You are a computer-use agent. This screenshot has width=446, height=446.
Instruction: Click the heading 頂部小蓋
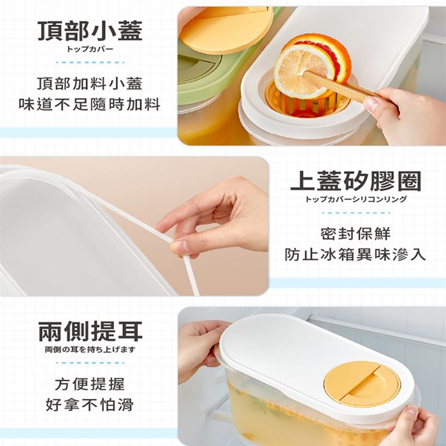(x=90, y=31)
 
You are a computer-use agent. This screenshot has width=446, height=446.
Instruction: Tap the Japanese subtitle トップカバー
(x=90, y=49)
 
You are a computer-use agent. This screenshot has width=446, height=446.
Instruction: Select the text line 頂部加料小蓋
(x=90, y=84)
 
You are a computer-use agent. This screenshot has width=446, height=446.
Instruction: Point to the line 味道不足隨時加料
(x=90, y=104)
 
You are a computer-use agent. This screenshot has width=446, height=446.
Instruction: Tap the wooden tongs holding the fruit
(x=342, y=85)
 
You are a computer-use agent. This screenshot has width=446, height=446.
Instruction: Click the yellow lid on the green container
(x=225, y=29)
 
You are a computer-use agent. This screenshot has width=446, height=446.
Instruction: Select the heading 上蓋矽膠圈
(x=356, y=181)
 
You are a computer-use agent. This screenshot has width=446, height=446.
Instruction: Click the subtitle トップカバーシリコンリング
(x=356, y=199)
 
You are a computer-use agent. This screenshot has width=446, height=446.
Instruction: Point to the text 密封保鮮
(x=356, y=234)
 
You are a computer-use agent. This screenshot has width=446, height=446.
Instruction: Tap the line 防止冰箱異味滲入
(x=356, y=254)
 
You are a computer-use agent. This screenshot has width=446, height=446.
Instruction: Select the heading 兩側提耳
(x=90, y=331)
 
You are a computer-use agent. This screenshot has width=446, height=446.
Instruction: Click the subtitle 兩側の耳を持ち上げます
(x=90, y=350)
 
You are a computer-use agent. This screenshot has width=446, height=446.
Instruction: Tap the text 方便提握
(x=90, y=384)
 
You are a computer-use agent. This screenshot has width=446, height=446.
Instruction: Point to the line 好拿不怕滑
(x=90, y=405)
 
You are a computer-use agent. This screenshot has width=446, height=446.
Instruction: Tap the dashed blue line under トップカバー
(x=90, y=62)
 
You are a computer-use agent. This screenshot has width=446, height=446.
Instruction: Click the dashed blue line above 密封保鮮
(x=356, y=213)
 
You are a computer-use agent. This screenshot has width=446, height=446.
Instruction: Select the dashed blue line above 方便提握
(x=90, y=363)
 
